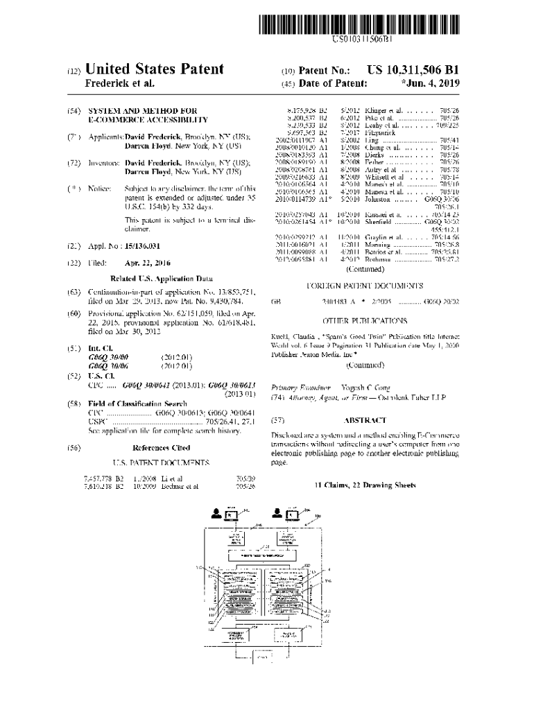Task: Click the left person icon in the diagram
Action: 217,514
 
